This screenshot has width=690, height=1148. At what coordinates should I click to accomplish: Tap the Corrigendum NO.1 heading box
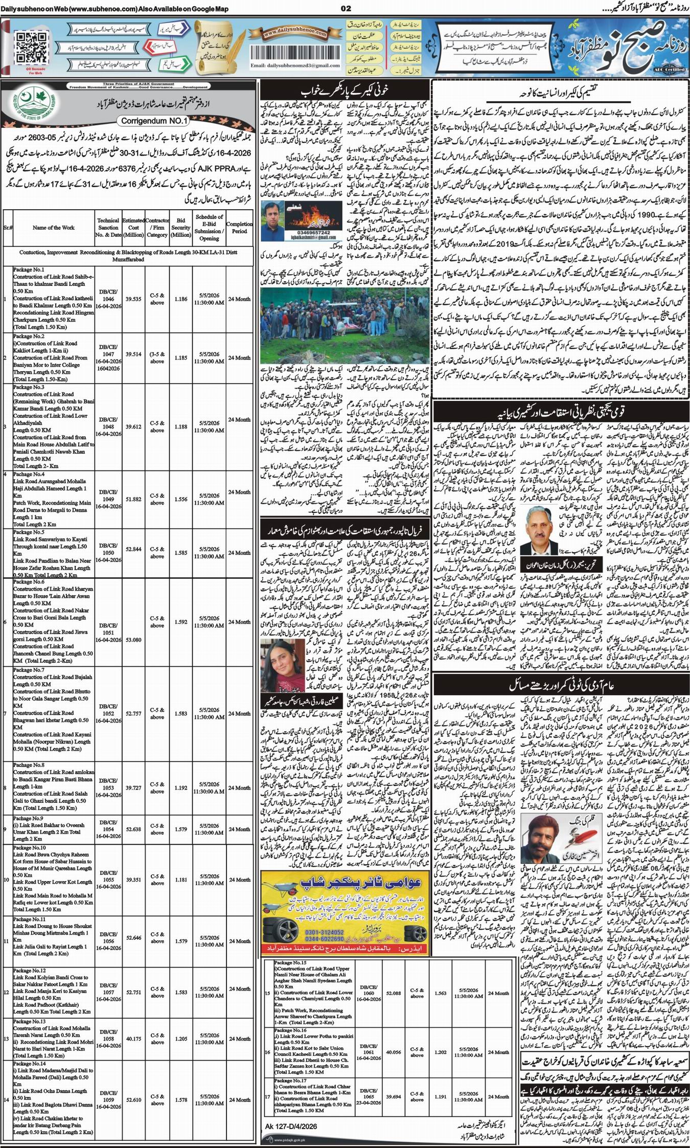(154, 121)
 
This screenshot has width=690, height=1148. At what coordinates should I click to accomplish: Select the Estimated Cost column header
(133, 228)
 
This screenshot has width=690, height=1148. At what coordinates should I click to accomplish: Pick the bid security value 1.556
(180, 499)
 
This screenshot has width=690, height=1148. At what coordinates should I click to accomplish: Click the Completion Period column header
(239, 228)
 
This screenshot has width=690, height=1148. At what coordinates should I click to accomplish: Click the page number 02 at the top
(347, 8)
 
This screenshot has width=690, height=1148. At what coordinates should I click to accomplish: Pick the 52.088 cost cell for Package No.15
(394, 993)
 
